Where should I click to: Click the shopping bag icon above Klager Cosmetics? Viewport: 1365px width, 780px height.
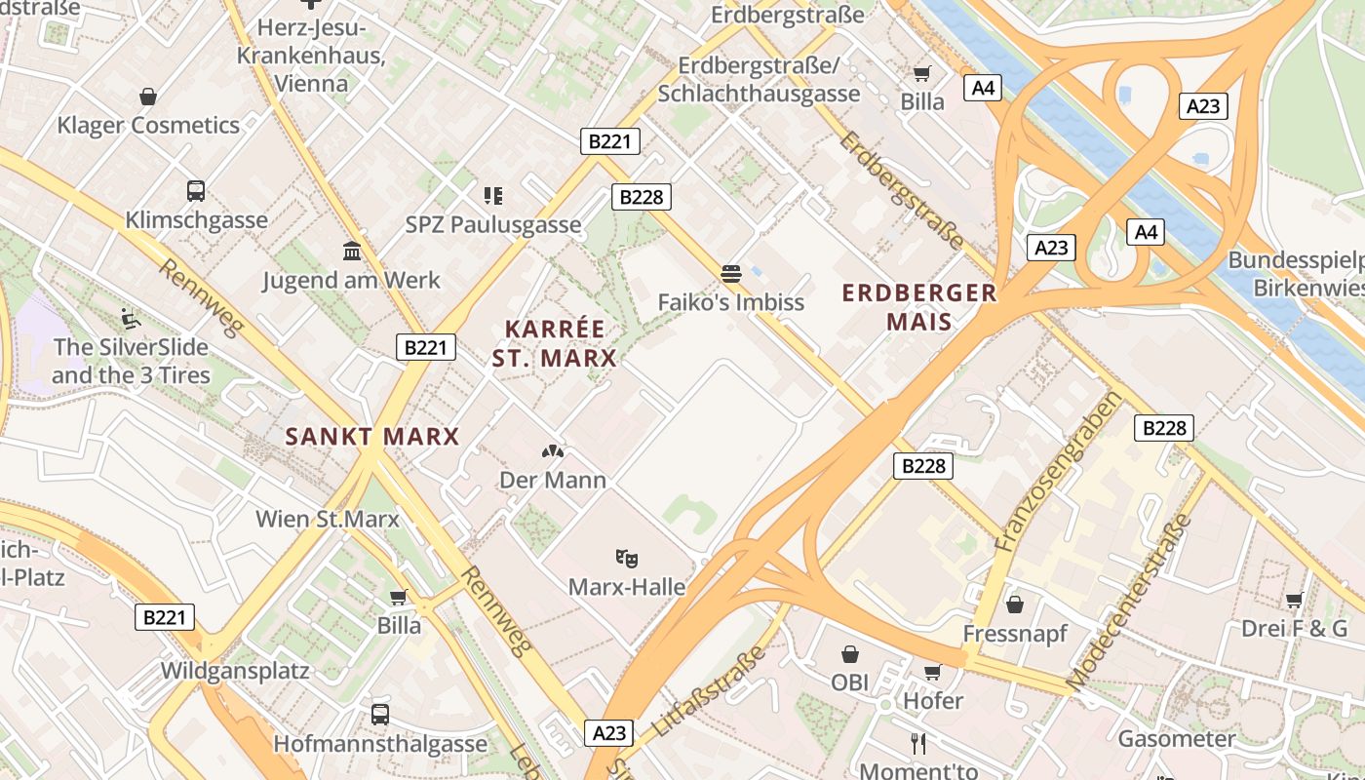click(148, 97)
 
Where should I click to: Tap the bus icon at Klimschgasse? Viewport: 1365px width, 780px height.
click(196, 191)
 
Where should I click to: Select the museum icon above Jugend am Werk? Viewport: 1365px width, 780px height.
click(352, 252)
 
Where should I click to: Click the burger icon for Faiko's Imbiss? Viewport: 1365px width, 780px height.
click(731, 273)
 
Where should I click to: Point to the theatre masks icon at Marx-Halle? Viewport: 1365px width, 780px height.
click(627, 559)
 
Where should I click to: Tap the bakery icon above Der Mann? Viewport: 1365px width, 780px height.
click(553, 451)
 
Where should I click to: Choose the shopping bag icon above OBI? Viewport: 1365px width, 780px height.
click(850, 653)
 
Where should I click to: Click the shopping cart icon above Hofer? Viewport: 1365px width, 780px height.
click(932, 672)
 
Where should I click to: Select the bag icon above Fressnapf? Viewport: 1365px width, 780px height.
click(1015, 604)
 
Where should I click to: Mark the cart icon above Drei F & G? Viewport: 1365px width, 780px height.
click(1294, 600)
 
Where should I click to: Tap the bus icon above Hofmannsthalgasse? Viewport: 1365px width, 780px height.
click(380, 715)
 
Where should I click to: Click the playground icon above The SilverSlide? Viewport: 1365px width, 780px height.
click(131, 318)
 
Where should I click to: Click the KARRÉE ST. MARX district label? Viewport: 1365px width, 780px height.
click(554, 343)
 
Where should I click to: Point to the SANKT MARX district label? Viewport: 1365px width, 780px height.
click(372, 436)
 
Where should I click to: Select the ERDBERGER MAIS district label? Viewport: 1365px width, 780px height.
click(919, 306)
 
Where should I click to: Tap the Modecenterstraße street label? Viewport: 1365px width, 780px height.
click(1130, 603)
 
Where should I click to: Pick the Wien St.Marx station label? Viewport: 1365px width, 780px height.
click(328, 519)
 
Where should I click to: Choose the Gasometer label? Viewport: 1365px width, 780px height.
click(1177, 739)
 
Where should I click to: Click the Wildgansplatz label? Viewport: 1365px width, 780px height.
click(235, 671)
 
